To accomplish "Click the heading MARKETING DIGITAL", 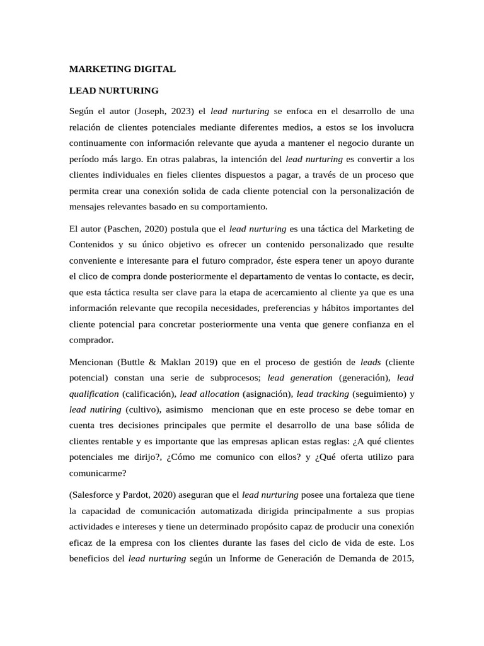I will [122, 69].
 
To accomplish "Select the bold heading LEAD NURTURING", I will [113, 90].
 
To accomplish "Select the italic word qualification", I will [93, 394].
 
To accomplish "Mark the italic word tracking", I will [331, 394].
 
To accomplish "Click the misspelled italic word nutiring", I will [104, 409].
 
